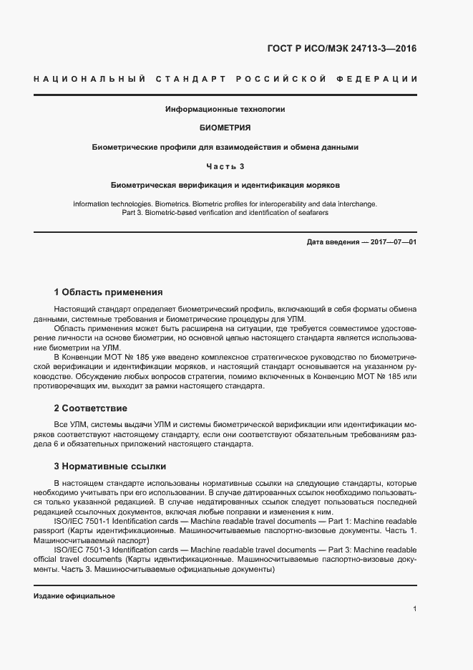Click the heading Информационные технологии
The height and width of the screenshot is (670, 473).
coord(225,110)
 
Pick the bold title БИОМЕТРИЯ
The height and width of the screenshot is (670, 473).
coord(225,128)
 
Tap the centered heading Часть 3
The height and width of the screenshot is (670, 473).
coord(225,166)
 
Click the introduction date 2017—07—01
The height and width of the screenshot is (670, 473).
coord(389,242)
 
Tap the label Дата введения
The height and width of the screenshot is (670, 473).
coord(333,242)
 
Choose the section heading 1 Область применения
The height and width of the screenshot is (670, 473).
coord(108,292)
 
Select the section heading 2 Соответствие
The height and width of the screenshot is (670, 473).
coord(90,408)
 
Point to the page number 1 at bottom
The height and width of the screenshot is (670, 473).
coord(414,609)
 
